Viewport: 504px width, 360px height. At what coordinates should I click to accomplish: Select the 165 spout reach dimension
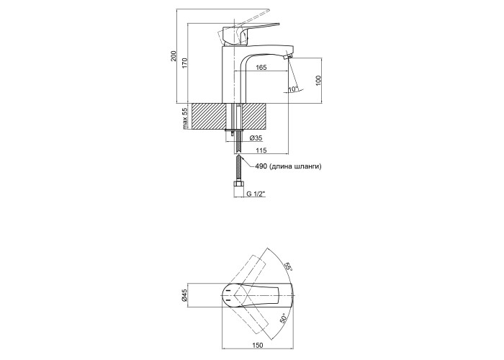261,67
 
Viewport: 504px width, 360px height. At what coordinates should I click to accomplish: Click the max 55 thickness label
185,117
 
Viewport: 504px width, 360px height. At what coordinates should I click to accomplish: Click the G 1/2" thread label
257,194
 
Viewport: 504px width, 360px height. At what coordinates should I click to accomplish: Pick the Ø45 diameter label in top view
184,295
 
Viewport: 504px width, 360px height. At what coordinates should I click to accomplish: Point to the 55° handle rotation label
287,266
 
